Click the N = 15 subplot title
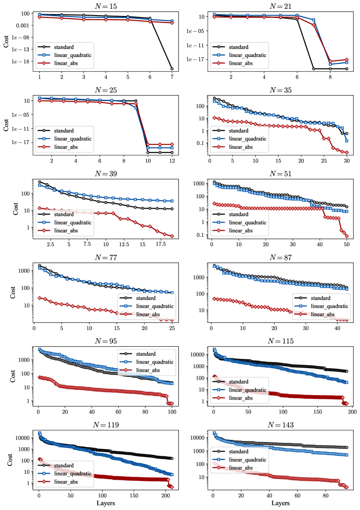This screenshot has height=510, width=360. click(x=105, y=6)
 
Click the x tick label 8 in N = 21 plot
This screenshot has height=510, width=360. click(x=330, y=77)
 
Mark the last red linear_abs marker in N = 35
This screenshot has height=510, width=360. click(x=347, y=152)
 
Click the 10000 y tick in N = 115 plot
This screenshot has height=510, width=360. click(x=197, y=355)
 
